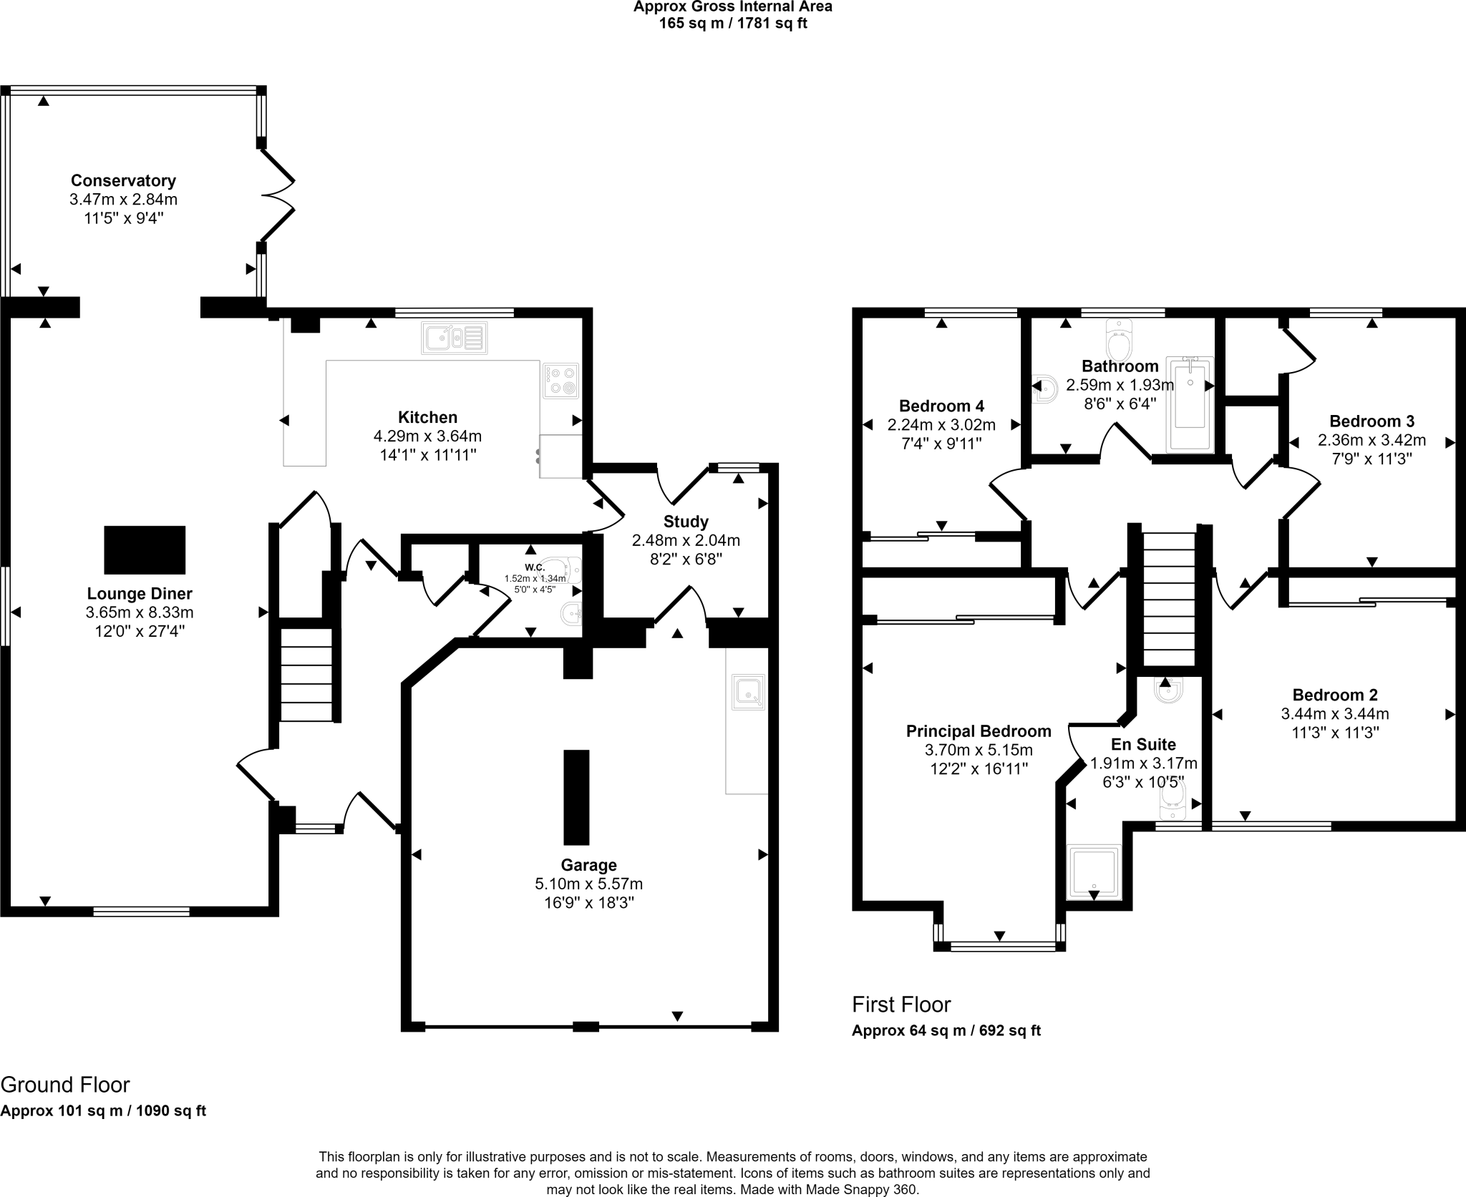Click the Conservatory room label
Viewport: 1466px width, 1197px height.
[x=123, y=180]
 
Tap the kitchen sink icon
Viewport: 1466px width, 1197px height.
[x=455, y=338]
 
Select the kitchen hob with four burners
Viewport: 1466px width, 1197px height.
[x=560, y=381]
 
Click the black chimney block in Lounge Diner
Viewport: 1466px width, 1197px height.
[x=145, y=549]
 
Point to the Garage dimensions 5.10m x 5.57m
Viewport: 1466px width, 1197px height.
[x=588, y=884]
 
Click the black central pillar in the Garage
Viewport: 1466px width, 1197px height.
[x=576, y=797]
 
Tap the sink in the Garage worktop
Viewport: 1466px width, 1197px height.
[x=748, y=693]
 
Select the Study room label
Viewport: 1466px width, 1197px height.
[x=686, y=522]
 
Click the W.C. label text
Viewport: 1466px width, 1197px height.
[x=535, y=567]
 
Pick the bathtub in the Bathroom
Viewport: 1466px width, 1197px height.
[x=1190, y=404]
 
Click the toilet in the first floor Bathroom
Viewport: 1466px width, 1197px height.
[x=1119, y=341]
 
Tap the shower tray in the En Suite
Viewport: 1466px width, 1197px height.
[x=1093, y=871]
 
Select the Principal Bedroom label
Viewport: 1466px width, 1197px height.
[x=979, y=731]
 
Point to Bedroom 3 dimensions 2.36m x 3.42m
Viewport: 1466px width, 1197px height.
[x=1372, y=440]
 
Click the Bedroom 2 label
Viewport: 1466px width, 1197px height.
[x=1334, y=695]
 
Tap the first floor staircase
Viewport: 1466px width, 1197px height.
[x=1169, y=599]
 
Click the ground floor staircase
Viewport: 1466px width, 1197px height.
[x=306, y=674]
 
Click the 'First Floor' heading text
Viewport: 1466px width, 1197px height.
[x=901, y=1005]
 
